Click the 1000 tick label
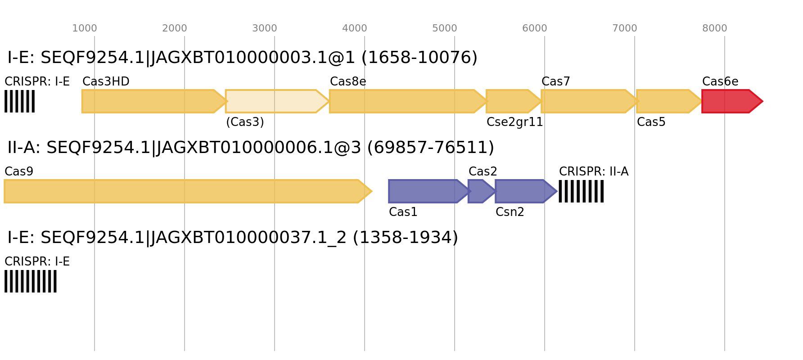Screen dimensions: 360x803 (85, 28)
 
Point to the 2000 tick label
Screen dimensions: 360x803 (175, 28)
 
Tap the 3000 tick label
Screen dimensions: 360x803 (265, 28)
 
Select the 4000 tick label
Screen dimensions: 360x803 (355, 28)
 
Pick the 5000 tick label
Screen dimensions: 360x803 (445, 28)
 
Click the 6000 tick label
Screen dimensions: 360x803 (535, 28)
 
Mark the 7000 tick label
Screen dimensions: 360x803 (625, 28)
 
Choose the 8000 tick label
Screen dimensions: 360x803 (715, 28)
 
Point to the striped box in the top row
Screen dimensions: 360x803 (19, 101)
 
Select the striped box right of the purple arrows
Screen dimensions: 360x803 (581, 191)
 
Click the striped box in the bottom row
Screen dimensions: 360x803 (31, 281)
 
